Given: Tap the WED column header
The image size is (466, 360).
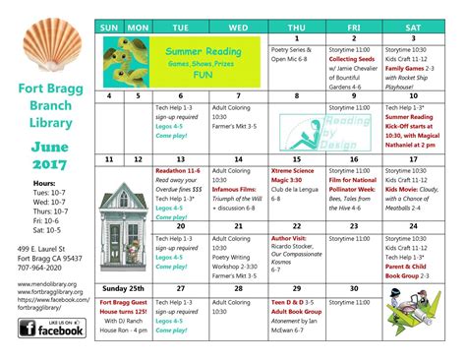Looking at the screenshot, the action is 238,27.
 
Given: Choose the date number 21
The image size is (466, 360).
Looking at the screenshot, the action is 238,225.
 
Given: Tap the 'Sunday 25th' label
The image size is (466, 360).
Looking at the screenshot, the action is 125,289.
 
